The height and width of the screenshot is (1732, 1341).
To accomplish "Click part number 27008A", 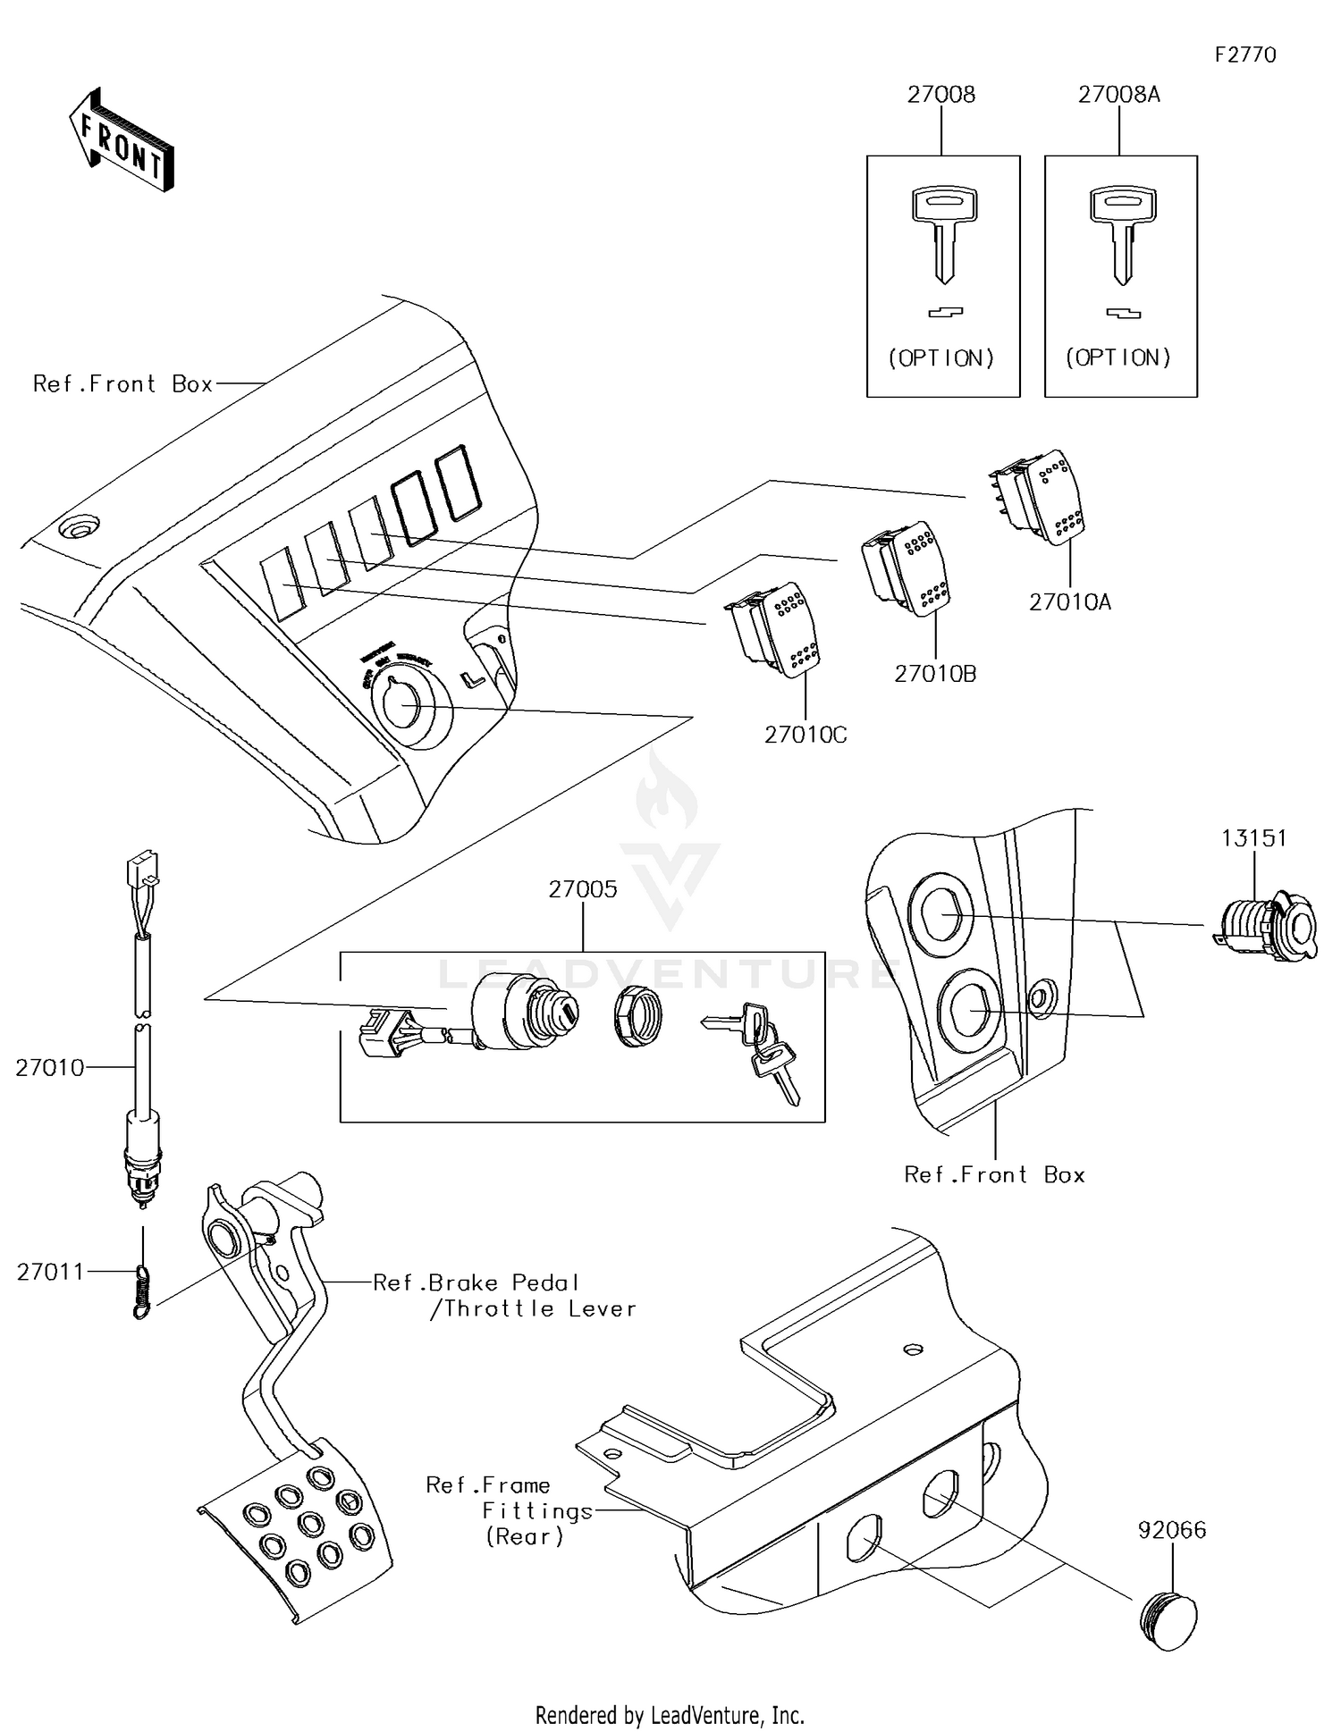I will [1118, 95].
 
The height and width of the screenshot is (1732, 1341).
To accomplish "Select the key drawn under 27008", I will [944, 232].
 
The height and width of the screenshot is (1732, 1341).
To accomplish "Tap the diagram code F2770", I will [1244, 55].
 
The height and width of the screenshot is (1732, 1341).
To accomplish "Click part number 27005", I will [583, 889].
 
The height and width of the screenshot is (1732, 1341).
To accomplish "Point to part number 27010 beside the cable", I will [49, 1068].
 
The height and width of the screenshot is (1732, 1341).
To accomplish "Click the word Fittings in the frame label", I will [537, 1511].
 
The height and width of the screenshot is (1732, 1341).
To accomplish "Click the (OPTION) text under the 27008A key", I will [1118, 358].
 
